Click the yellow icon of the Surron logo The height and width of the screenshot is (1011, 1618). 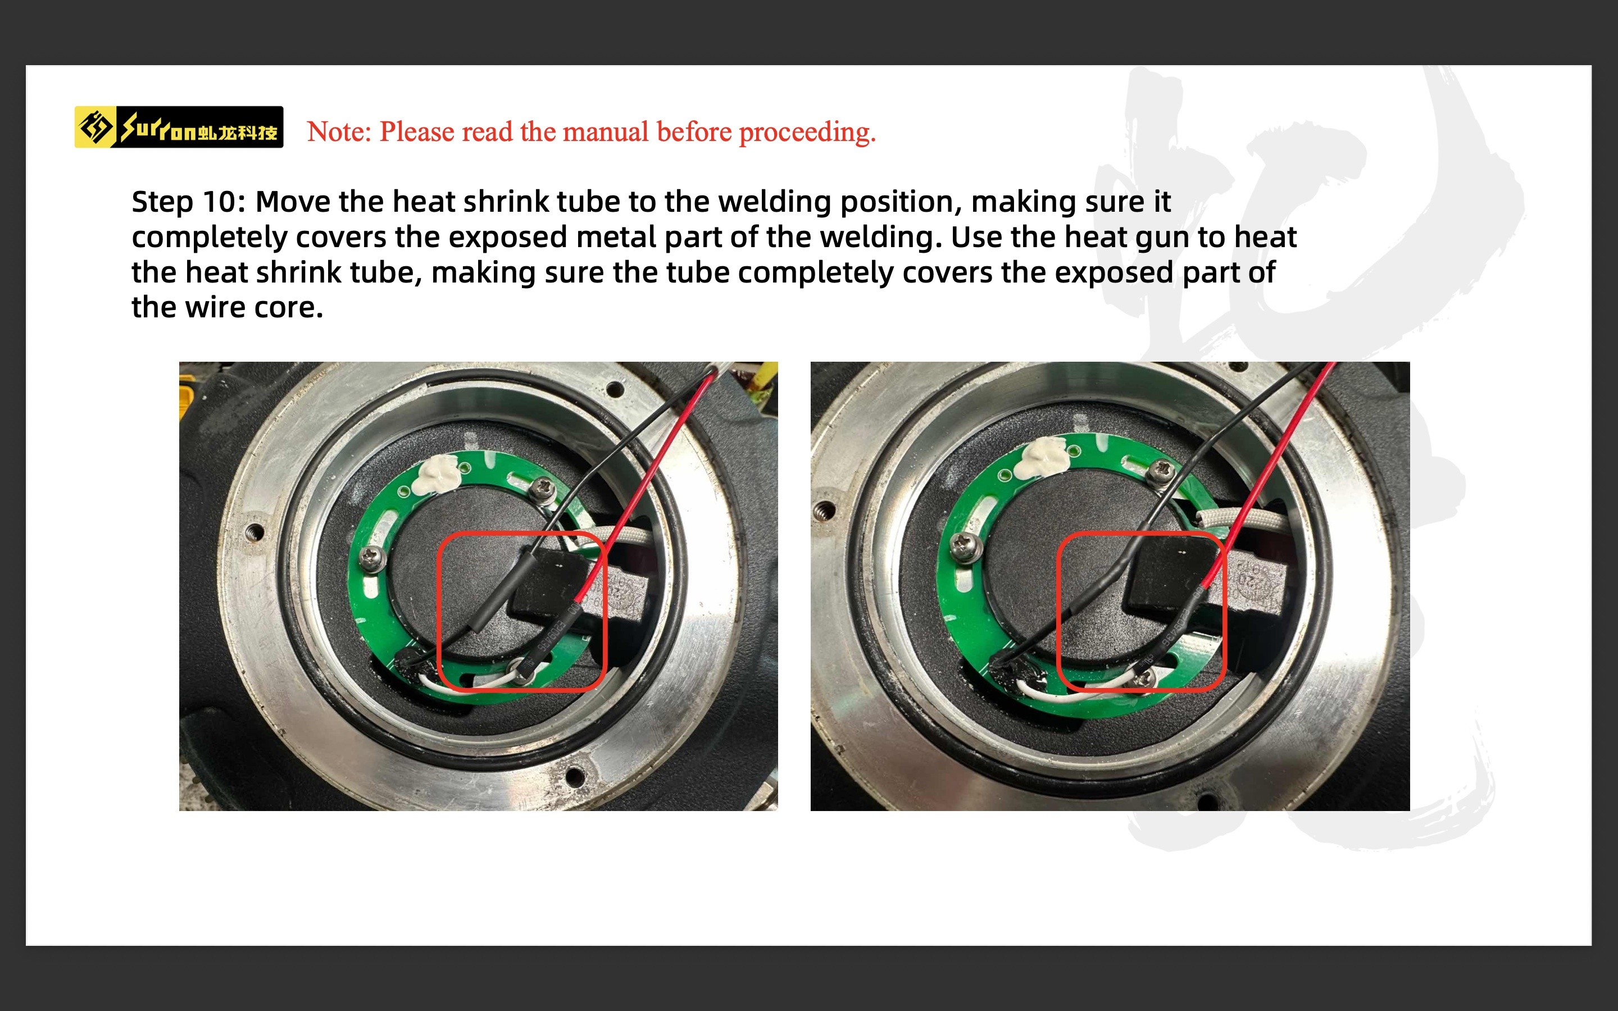pyautogui.click(x=94, y=127)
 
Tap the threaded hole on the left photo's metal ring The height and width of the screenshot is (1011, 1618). pyautogui.click(x=253, y=532)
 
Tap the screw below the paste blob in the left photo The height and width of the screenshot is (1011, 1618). pyautogui.click(x=373, y=555)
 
